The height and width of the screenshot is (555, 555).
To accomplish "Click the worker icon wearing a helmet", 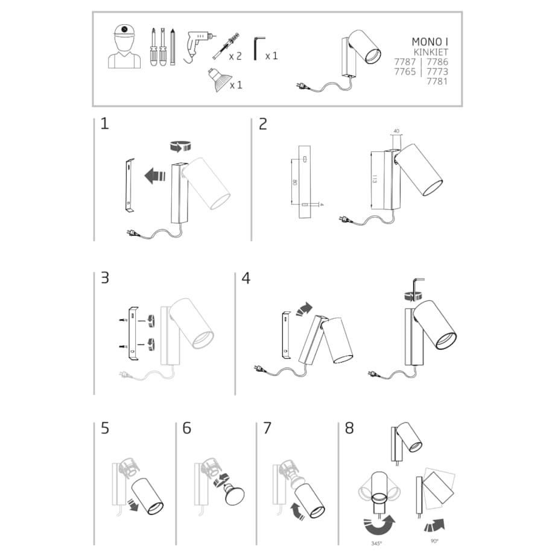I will [124, 46].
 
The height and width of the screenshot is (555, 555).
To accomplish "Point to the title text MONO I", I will [430, 42].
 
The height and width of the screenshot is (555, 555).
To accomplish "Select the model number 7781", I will [437, 81].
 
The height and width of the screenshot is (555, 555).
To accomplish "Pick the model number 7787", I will [405, 62].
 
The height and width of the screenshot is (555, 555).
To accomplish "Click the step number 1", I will [105, 124].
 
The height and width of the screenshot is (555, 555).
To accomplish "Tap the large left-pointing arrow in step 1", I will [155, 176].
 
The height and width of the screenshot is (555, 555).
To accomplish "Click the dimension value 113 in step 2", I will [374, 179].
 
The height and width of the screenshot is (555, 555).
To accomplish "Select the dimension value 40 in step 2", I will [396, 131].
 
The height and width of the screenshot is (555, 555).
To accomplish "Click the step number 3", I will [105, 279].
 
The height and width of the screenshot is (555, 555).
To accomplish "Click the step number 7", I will [267, 429].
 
